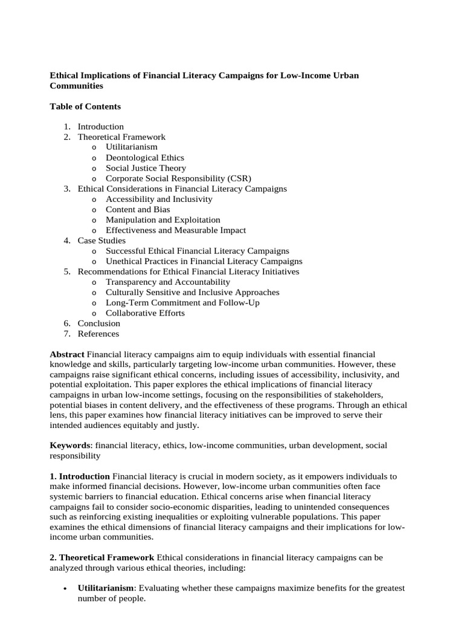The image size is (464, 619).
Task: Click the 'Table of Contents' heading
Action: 85,106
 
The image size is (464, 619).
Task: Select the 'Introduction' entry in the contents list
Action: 100,127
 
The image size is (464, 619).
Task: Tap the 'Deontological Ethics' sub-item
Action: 145,158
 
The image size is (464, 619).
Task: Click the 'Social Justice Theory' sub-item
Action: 146,168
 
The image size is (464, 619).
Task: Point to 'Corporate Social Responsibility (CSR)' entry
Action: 178,178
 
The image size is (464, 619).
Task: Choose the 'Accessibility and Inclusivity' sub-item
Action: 159,199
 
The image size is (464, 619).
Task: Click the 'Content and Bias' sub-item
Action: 138,209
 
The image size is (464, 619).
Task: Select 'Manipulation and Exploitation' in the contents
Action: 163,220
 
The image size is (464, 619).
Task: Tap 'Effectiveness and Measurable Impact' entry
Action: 176,230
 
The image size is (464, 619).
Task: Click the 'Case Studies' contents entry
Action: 101,241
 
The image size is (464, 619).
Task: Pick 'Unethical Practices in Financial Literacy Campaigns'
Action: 204,261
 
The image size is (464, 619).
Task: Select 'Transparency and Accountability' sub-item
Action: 167,282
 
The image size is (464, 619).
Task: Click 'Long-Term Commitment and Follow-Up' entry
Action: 182,303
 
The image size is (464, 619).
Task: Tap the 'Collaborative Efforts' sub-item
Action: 145,313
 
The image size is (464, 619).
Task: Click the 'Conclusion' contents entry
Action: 99,323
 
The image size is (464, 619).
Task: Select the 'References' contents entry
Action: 98,334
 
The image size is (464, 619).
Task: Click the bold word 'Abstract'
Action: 67,354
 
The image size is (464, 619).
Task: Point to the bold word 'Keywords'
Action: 69,446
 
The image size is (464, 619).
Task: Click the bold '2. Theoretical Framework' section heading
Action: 101,557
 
